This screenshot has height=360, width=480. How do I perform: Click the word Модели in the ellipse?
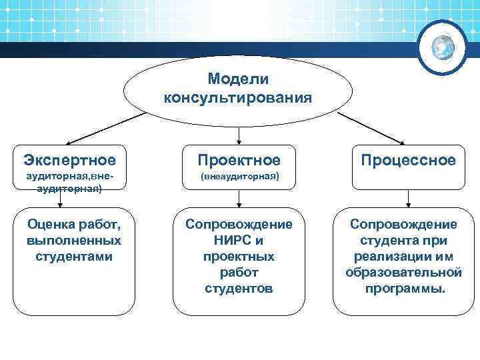(x=238, y=79)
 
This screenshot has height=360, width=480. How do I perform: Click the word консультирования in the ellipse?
(x=238, y=98)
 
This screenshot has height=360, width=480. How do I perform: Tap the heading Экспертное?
(x=69, y=160)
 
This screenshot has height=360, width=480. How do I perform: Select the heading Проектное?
(x=239, y=160)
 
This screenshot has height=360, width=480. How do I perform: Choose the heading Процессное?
(x=408, y=160)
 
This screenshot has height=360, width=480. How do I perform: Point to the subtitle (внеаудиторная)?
(x=239, y=177)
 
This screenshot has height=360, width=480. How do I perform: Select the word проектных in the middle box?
(x=239, y=257)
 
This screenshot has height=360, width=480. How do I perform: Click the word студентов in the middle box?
(x=239, y=289)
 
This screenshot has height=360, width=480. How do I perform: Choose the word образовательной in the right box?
(x=404, y=273)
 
